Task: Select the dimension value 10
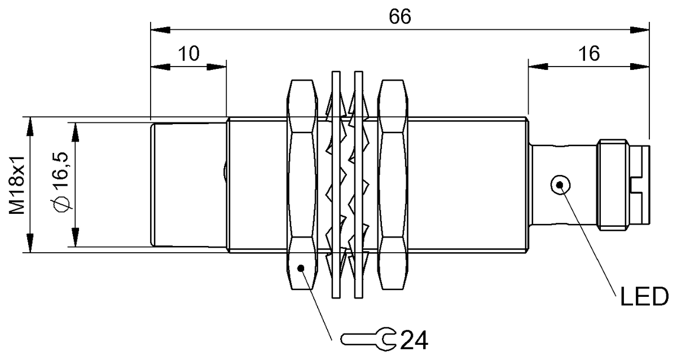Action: point(189,54)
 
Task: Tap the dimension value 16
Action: point(588,54)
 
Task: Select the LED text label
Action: point(644,296)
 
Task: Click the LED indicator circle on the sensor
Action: point(560,185)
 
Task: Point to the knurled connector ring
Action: point(613,185)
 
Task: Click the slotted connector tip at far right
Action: point(641,185)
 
